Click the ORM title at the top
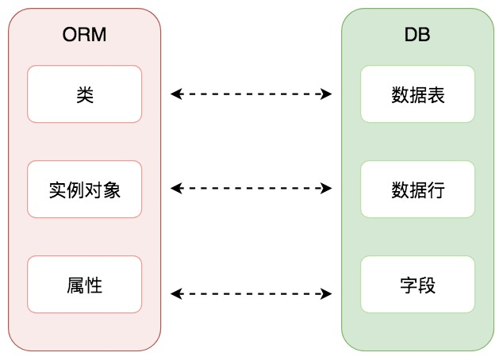click(84, 35)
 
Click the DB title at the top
click(417, 35)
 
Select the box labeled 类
click(84, 94)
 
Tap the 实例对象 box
click(84, 190)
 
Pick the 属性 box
click(84, 284)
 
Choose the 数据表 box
click(417, 94)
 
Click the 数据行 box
click(417, 190)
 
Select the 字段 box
click(417, 284)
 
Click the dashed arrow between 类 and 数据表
click(251, 94)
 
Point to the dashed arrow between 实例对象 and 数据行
click(251, 189)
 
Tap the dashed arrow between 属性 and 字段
click(251, 294)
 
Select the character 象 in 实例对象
click(111, 190)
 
